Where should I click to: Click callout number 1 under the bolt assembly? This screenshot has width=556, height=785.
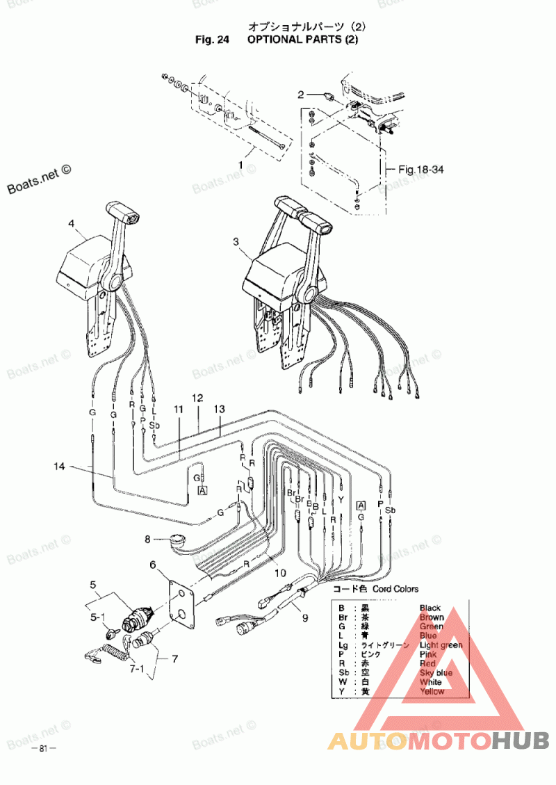coord(241,165)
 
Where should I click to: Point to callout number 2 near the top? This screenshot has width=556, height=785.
coord(301,95)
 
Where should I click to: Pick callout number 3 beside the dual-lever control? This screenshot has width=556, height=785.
coord(236,241)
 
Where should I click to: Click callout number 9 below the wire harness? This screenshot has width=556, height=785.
coord(304,617)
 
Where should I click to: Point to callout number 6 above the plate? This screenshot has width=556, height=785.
coord(153,565)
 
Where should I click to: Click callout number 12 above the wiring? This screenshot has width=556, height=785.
coord(197,398)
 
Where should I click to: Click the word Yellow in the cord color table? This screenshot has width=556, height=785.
coord(432,691)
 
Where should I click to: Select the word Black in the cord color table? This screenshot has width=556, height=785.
coord(430,608)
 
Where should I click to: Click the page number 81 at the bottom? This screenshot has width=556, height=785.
coord(43,749)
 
